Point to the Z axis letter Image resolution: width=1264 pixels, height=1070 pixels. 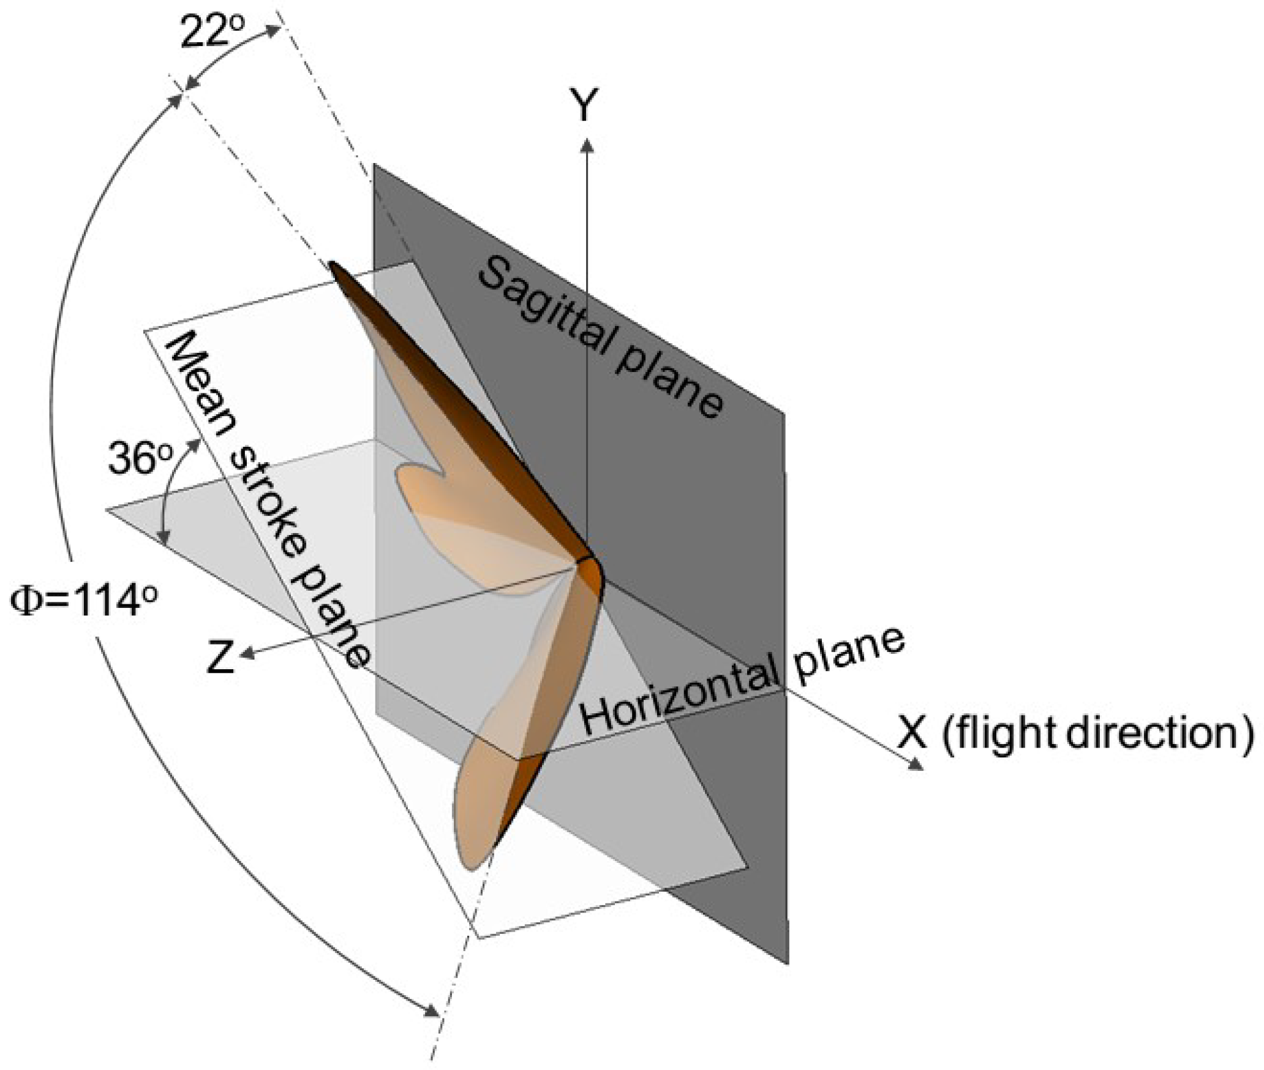220,657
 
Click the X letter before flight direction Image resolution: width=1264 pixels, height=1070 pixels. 912,732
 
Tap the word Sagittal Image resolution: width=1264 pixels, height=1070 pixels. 546,313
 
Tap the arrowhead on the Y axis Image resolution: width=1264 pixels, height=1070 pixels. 587,146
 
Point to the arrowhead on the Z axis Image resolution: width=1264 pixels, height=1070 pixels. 246,655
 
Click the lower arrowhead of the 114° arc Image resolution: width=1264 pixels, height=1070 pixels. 433,1012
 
